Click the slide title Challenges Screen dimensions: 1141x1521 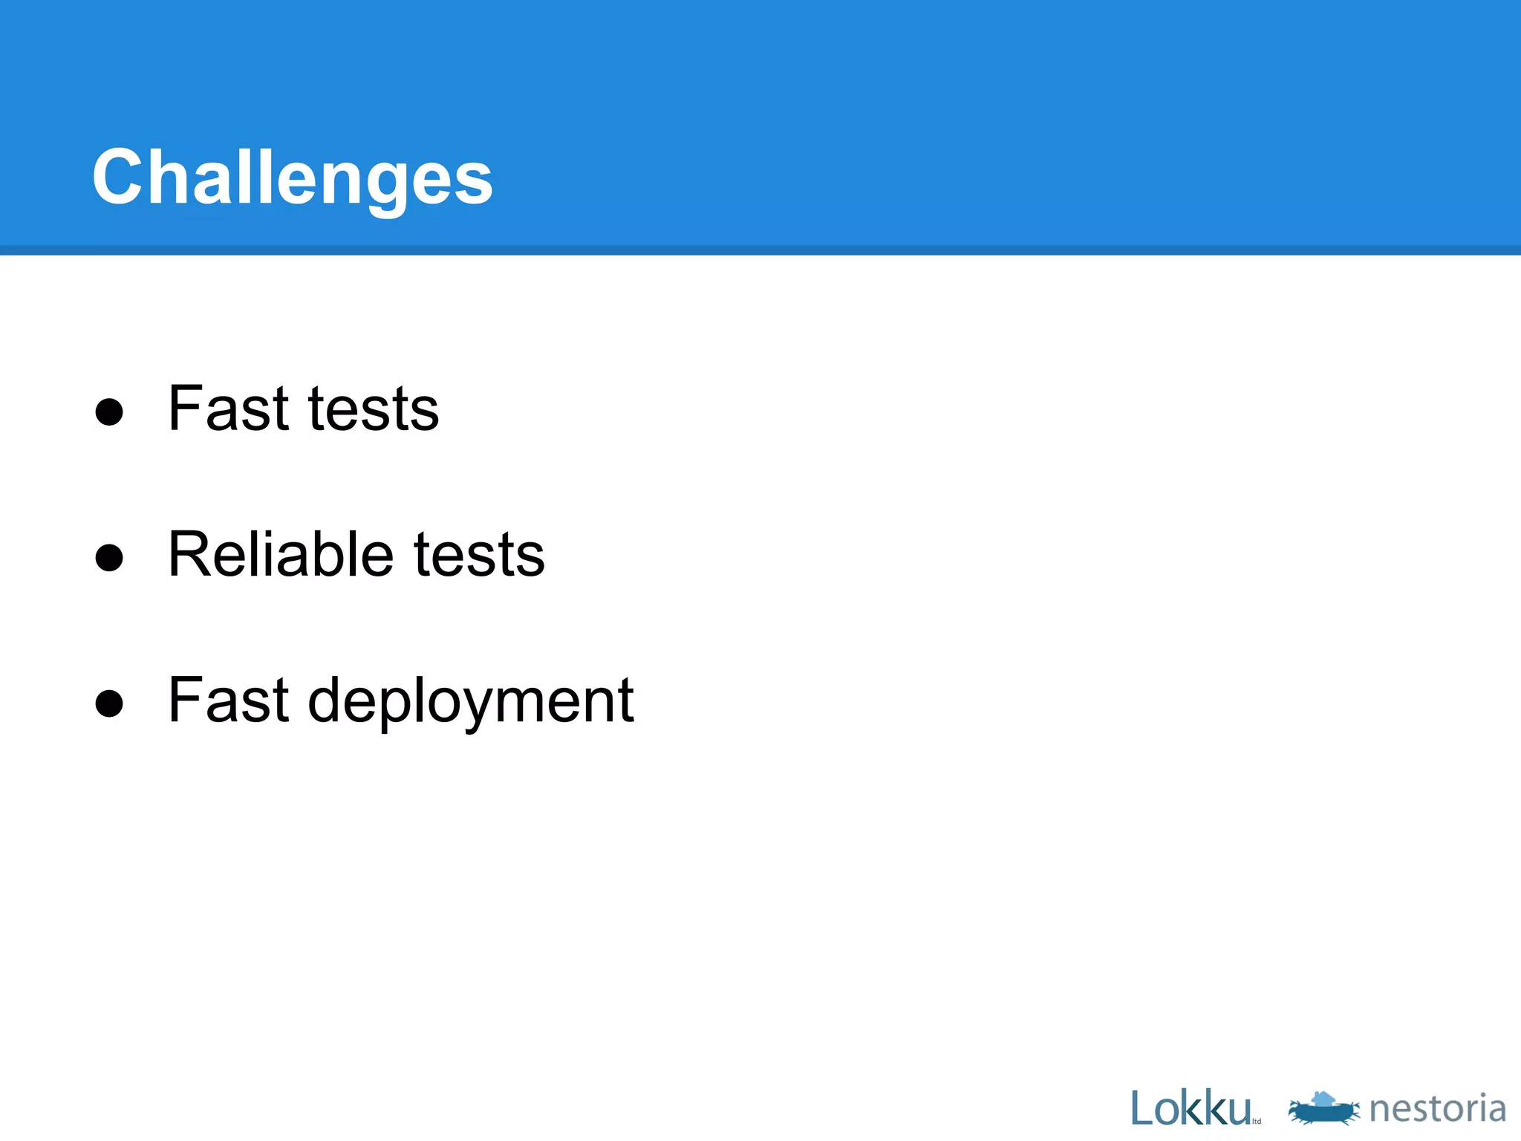pyautogui.click(x=292, y=177)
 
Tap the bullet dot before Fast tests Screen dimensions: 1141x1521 pyautogui.click(x=109, y=412)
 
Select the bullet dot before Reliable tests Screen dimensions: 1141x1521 pyautogui.click(x=109, y=558)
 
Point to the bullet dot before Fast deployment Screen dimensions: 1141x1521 pyautogui.click(x=109, y=703)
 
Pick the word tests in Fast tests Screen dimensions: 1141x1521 pyautogui.click(x=374, y=409)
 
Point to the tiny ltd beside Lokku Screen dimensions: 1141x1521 pyautogui.click(x=1257, y=1122)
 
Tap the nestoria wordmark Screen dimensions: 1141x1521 pyautogui.click(x=1437, y=1108)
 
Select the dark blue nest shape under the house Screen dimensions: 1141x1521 pyautogui.click(x=1324, y=1113)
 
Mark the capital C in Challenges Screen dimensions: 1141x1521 pyautogui.click(x=117, y=177)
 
